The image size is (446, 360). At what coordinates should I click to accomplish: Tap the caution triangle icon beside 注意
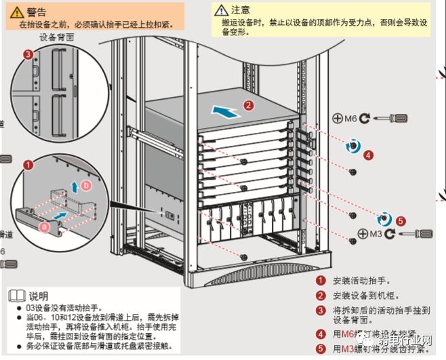[x=221, y=10]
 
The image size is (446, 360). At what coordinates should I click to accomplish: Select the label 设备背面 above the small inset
[x=56, y=38]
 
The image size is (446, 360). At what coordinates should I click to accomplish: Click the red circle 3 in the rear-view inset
[x=28, y=54]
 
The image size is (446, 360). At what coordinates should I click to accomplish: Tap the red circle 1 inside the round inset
[x=28, y=165]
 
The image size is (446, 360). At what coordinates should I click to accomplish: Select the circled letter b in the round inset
[x=85, y=185]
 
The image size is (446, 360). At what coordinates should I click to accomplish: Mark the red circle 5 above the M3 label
[x=400, y=220]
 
